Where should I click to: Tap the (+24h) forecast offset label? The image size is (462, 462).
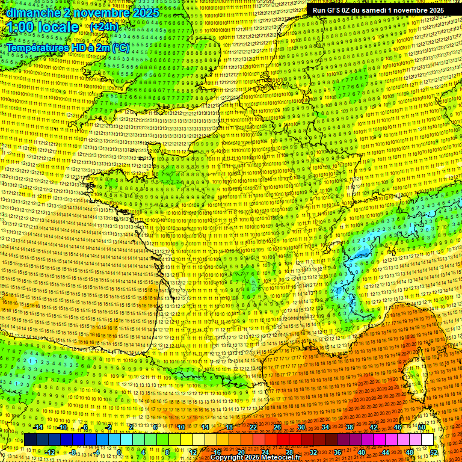click(x=104, y=26)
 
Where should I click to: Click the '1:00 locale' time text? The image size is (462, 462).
click(x=43, y=27)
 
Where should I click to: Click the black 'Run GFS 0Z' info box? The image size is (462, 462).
click(x=378, y=10)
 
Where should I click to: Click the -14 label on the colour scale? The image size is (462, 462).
click(x=39, y=427)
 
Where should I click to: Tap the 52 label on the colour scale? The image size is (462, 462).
click(x=434, y=452)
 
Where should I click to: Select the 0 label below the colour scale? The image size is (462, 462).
click(x=119, y=452)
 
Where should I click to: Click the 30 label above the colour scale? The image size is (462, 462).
click(x=301, y=427)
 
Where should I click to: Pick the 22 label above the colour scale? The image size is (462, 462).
click(x=253, y=427)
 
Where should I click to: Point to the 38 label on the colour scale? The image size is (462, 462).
click(x=350, y=427)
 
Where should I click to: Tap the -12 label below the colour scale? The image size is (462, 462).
click(x=50, y=452)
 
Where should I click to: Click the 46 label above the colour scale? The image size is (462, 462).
click(x=398, y=427)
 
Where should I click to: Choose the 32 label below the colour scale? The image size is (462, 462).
click(x=313, y=452)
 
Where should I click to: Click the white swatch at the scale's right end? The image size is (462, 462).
click(x=427, y=440)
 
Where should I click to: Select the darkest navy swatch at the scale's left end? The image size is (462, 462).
click(x=30, y=440)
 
